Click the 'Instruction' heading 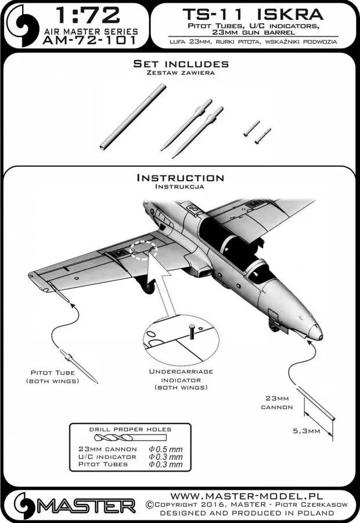179,178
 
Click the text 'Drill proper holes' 122,429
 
